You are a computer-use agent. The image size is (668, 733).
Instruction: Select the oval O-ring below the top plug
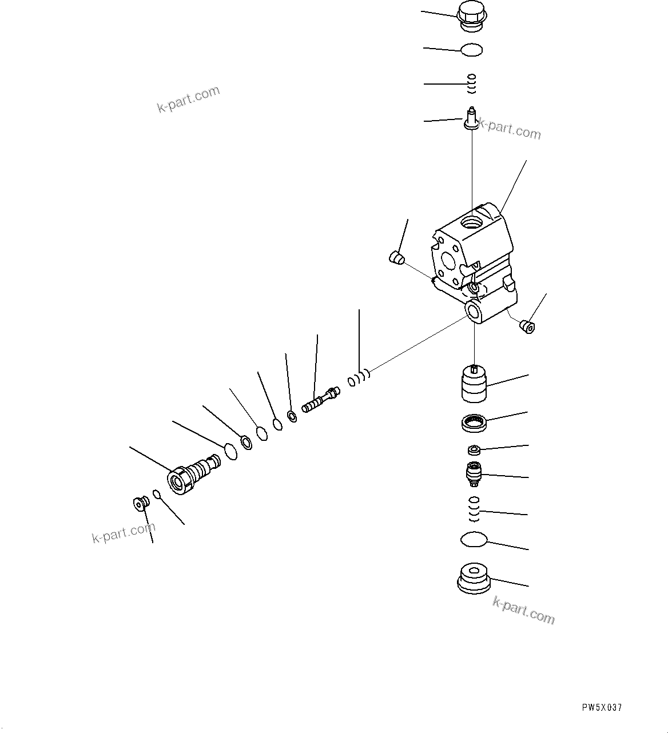(x=471, y=50)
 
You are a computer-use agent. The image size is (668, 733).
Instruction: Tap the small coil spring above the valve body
(x=472, y=84)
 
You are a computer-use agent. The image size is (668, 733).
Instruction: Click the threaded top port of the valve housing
(x=472, y=220)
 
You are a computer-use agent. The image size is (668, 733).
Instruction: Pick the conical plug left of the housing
(x=396, y=257)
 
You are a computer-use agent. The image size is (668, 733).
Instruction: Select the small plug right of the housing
(x=527, y=327)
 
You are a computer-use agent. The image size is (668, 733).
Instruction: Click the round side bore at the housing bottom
(x=474, y=312)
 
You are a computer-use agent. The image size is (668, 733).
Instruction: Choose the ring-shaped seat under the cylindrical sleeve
(x=473, y=423)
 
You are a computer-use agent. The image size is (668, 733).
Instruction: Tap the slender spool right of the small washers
(x=320, y=400)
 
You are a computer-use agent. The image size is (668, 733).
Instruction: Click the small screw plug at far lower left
(x=140, y=503)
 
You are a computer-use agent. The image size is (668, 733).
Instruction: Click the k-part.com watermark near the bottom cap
(x=523, y=610)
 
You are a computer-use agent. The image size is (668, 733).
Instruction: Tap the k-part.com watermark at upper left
(x=188, y=99)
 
